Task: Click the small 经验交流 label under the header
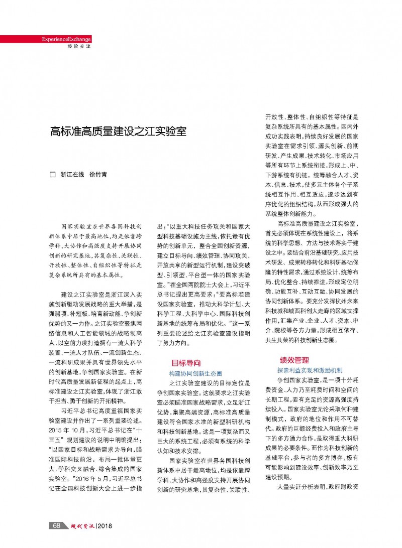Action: point(78,46)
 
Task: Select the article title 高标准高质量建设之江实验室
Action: point(118,132)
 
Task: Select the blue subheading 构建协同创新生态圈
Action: point(195,373)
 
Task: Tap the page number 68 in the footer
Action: point(57,525)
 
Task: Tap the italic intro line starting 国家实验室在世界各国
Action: point(102,226)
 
